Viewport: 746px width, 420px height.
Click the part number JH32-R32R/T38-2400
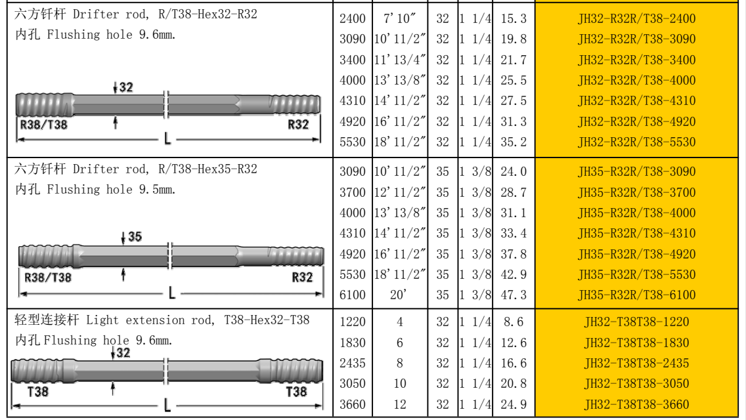636,18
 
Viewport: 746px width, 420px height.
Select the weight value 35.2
514,142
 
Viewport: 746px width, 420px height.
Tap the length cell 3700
352,192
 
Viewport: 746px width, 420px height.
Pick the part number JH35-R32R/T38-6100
636,295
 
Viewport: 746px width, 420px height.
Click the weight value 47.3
514,295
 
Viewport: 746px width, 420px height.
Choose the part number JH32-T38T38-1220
636,322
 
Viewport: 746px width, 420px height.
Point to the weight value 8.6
514,322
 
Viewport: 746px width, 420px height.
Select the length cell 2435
352,364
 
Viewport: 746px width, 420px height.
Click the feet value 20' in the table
398,295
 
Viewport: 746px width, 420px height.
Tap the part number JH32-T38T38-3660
636,404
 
